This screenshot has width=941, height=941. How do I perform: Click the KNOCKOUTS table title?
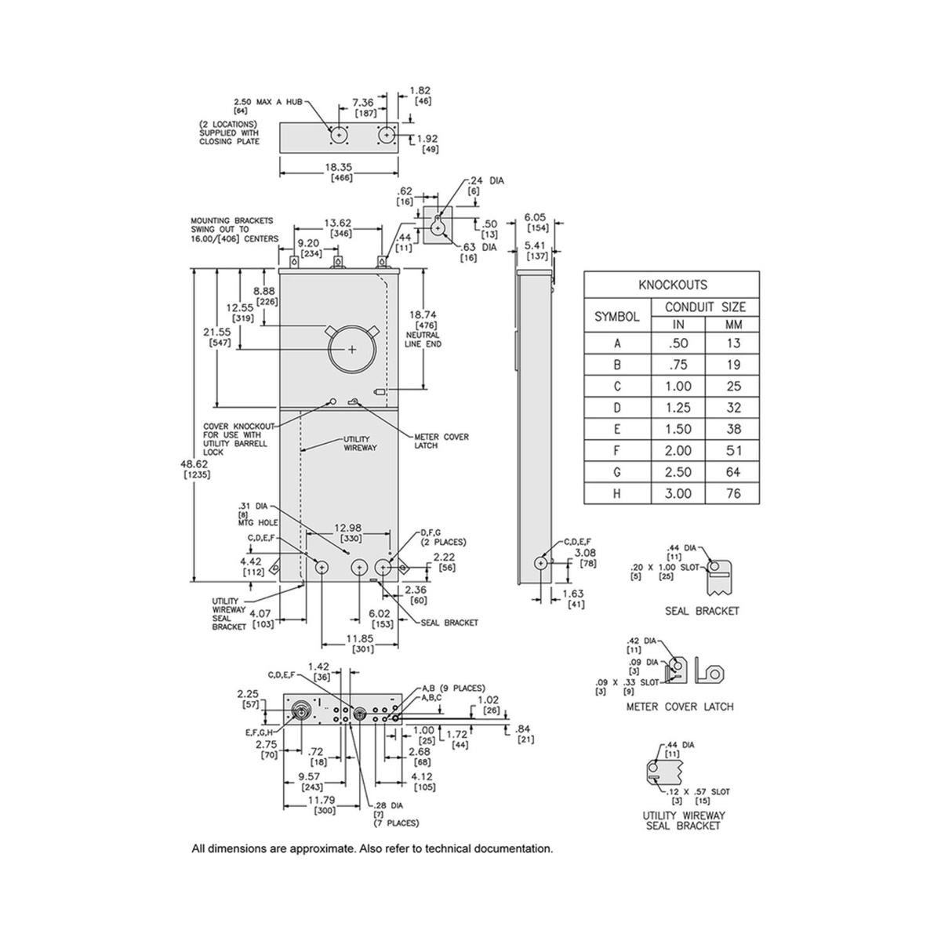click(x=672, y=285)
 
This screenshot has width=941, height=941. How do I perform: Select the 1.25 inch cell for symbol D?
click(x=678, y=407)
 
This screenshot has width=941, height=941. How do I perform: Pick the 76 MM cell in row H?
click(x=733, y=493)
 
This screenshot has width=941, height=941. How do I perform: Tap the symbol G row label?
click(x=617, y=472)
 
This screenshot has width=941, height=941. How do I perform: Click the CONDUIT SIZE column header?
click(x=705, y=307)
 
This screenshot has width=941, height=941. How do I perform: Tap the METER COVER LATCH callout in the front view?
click(x=441, y=441)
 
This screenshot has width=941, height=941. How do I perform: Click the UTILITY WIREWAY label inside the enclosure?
click(x=361, y=443)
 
